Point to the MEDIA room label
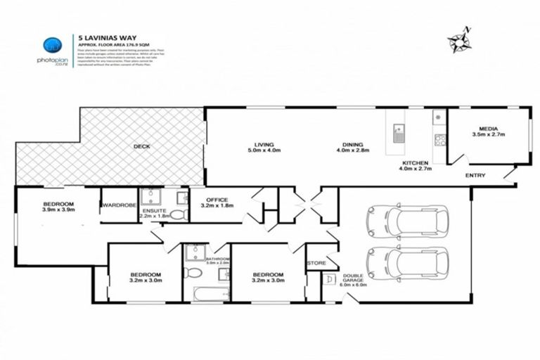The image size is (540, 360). click(488, 129)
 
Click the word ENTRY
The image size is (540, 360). click(477, 175)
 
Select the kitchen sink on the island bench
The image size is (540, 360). click(399, 132)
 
